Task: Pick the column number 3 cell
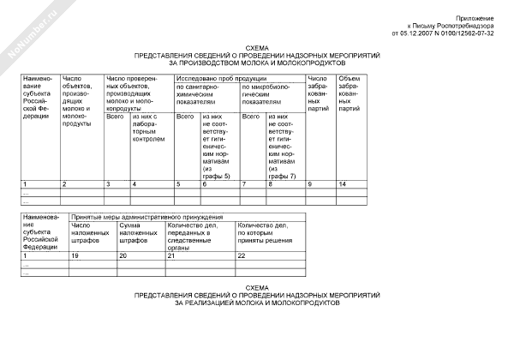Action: pyautogui.click(x=108, y=184)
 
